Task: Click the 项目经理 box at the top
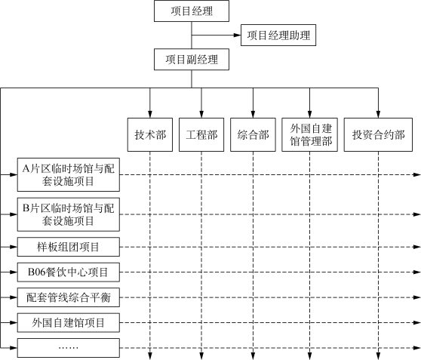pyautogui.click(x=192, y=11)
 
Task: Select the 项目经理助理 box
pyautogui.click(x=278, y=35)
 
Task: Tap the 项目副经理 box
pyautogui.click(x=192, y=60)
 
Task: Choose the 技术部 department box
pyautogui.click(x=150, y=134)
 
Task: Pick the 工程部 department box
pyautogui.click(x=201, y=134)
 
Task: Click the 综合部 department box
pyautogui.click(x=253, y=134)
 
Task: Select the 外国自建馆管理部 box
pyautogui.click(x=309, y=134)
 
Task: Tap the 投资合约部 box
pyautogui.click(x=378, y=134)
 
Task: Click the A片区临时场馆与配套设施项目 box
pyautogui.click(x=69, y=174)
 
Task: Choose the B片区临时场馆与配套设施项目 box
pyautogui.click(x=69, y=214)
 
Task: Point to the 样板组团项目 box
pyautogui.click(x=69, y=247)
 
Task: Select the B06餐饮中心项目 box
pyautogui.click(x=69, y=272)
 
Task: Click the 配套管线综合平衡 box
pyautogui.click(x=69, y=297)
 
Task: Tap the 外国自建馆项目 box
pyautogui.click(x=69, y=323)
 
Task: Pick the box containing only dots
pyautogui.click(x=69, y=348)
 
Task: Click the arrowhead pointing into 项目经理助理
pyautogui.click(x=238, y=35)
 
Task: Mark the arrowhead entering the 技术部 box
pyautogui.click(x=150, y=114)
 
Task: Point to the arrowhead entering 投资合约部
pyautogui.click(x=378, y=114)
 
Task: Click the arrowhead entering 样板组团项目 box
pyautogui.click(x=14, y=247)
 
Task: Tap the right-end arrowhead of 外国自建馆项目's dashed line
pyautogui.click(x=417, y=323)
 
